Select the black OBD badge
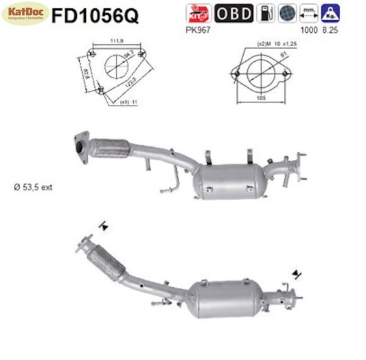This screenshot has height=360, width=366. (x=233, y=14)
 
